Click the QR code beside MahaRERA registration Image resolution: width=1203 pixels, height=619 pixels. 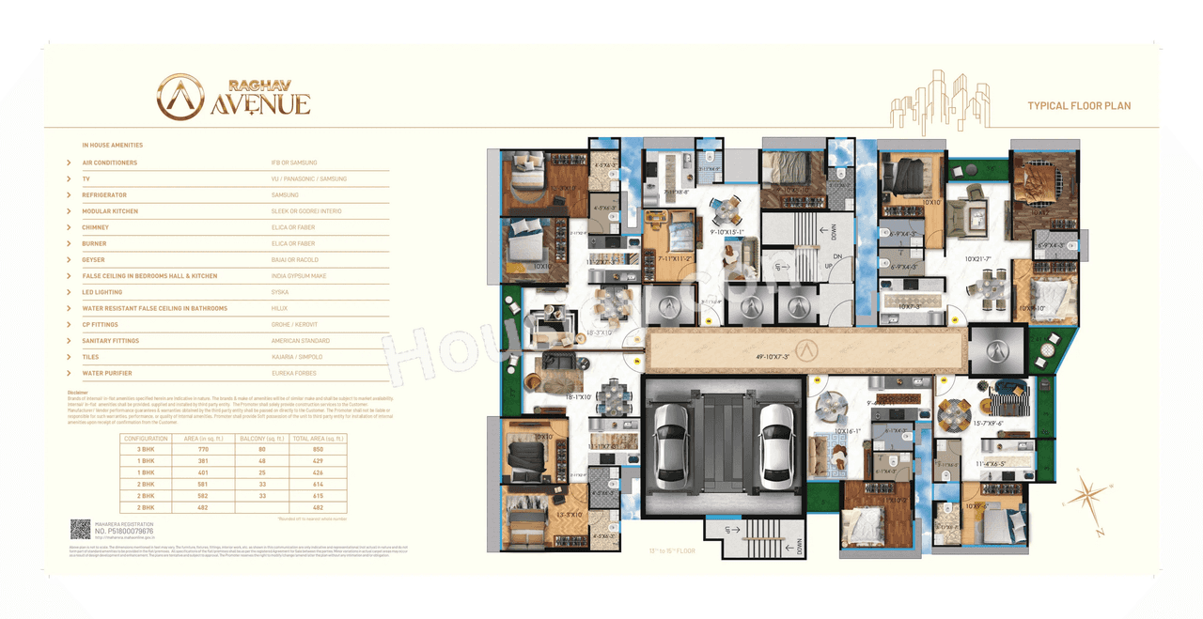coord(80,529)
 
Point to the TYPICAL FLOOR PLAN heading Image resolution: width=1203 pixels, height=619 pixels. coord(1079,106)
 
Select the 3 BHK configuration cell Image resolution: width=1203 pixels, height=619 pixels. coord(146,450)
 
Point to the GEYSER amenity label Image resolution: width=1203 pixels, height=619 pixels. coord(94,260)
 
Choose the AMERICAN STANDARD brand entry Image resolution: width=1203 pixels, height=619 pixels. coord(299,341)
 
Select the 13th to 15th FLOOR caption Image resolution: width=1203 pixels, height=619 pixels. coord(671,551)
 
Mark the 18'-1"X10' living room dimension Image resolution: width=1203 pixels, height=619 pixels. coord(579,397)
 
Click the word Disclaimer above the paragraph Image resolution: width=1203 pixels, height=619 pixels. coord(78,393)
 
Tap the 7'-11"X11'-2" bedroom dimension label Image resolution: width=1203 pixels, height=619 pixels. coord(674,258)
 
